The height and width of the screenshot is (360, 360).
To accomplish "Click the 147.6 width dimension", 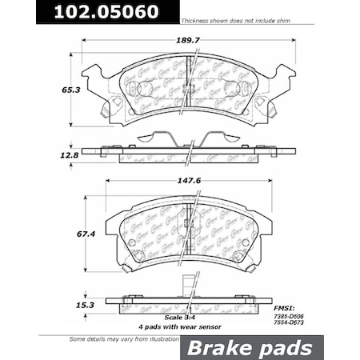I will click(x=186, y=191).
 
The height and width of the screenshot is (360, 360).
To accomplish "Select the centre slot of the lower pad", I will click(x=187, y=232).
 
